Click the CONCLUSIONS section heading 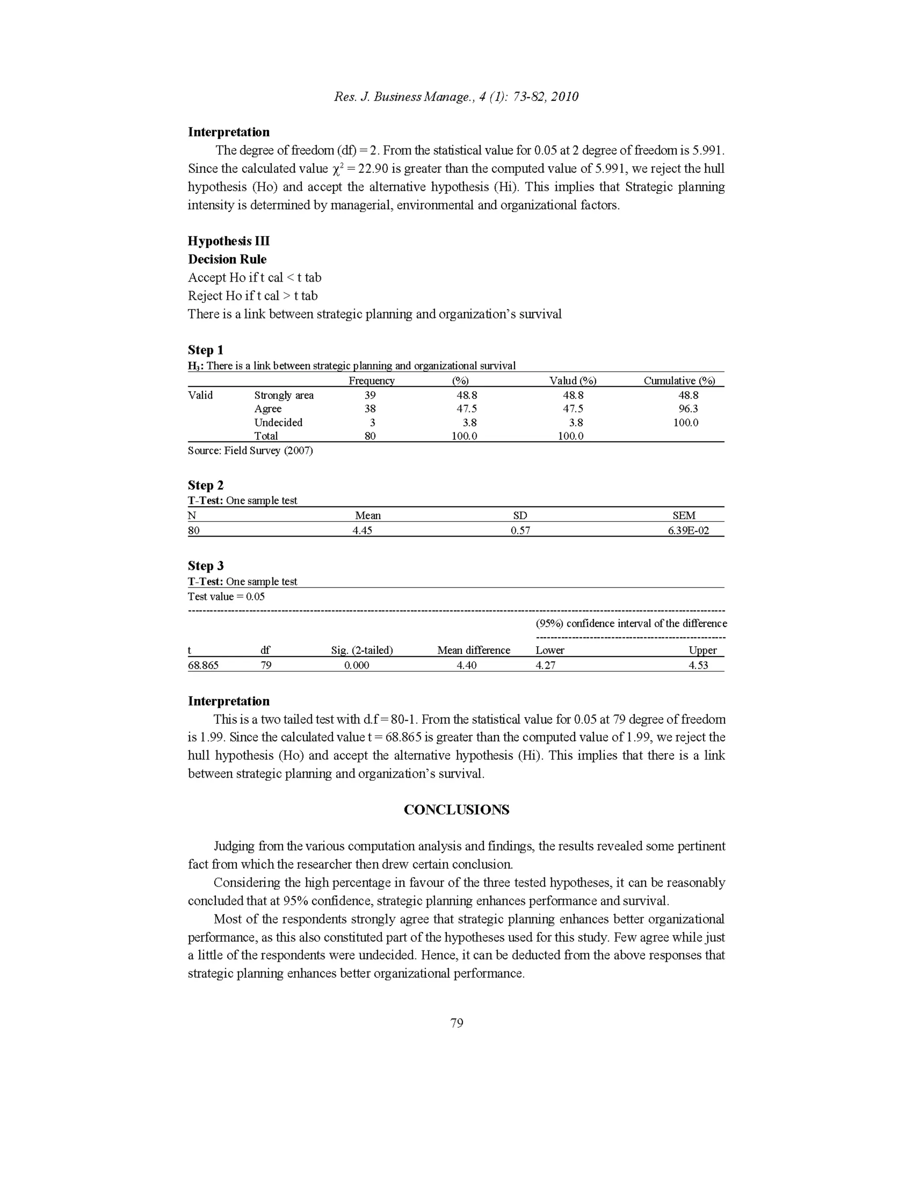(456, 809)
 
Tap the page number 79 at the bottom (456, 1022)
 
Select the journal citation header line (456, 97)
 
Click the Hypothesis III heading (228, 241)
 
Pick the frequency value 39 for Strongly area (370, 395)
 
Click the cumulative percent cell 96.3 (688, 409)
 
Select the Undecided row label (278, 422)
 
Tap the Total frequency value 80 (370, 436)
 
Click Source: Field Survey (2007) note (250, 451)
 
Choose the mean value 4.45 (362, 530)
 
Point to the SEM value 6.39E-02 (688, 530)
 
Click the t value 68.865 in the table (203, 665)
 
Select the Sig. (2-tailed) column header (361, 650)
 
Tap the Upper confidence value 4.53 (698, 665)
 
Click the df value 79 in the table (266, 665)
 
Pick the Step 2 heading (206, 485)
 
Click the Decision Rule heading (227, 259)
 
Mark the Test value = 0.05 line (226, 596)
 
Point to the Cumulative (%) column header (679, 380)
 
